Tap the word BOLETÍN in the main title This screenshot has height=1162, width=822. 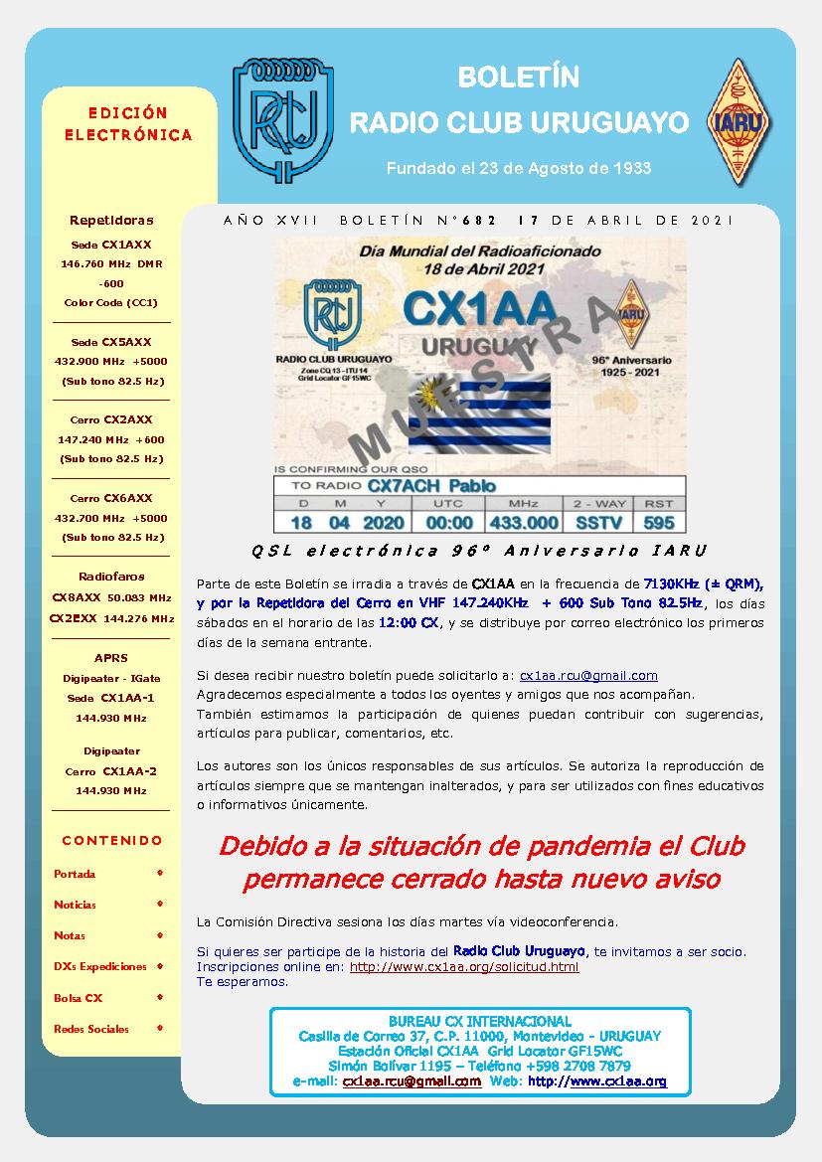(x=518, y=78)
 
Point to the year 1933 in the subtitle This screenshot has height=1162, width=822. (x=629, y=168)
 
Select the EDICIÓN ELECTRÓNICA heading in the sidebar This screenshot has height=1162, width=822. (x=128, y=124)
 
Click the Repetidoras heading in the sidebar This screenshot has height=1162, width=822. (x=111, y=220)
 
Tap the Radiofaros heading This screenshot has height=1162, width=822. (x=111, y=577)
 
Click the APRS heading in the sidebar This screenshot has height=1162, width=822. (x=110, y=658)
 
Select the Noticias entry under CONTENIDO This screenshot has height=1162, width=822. (x=76, y=905)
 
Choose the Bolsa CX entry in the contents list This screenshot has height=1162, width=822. (x=79, y=997)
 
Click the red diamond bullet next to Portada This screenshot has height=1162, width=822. (x=160, y=874)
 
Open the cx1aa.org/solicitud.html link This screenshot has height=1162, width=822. (x=464, y=966)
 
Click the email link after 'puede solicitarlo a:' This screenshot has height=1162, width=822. (x=588, y=675)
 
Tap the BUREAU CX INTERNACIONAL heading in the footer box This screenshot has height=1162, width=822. (x=479, y=1021)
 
